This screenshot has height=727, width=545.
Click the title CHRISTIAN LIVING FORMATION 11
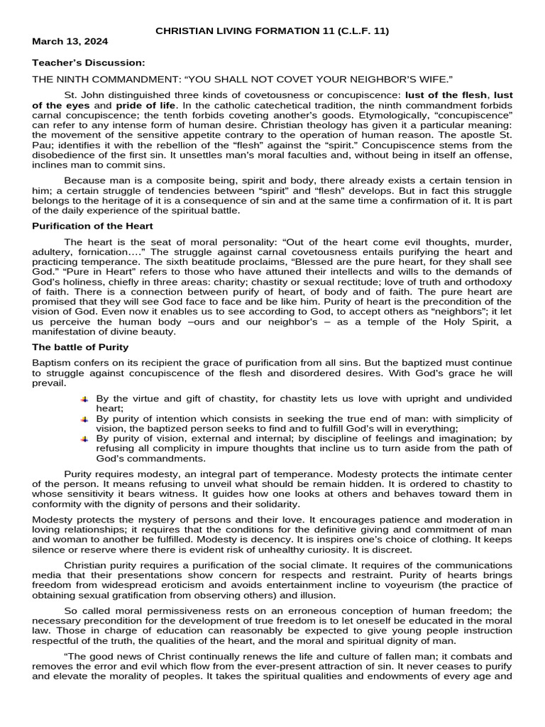tap(272, 31)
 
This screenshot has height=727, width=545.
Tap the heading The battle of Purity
tap(80, 347)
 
